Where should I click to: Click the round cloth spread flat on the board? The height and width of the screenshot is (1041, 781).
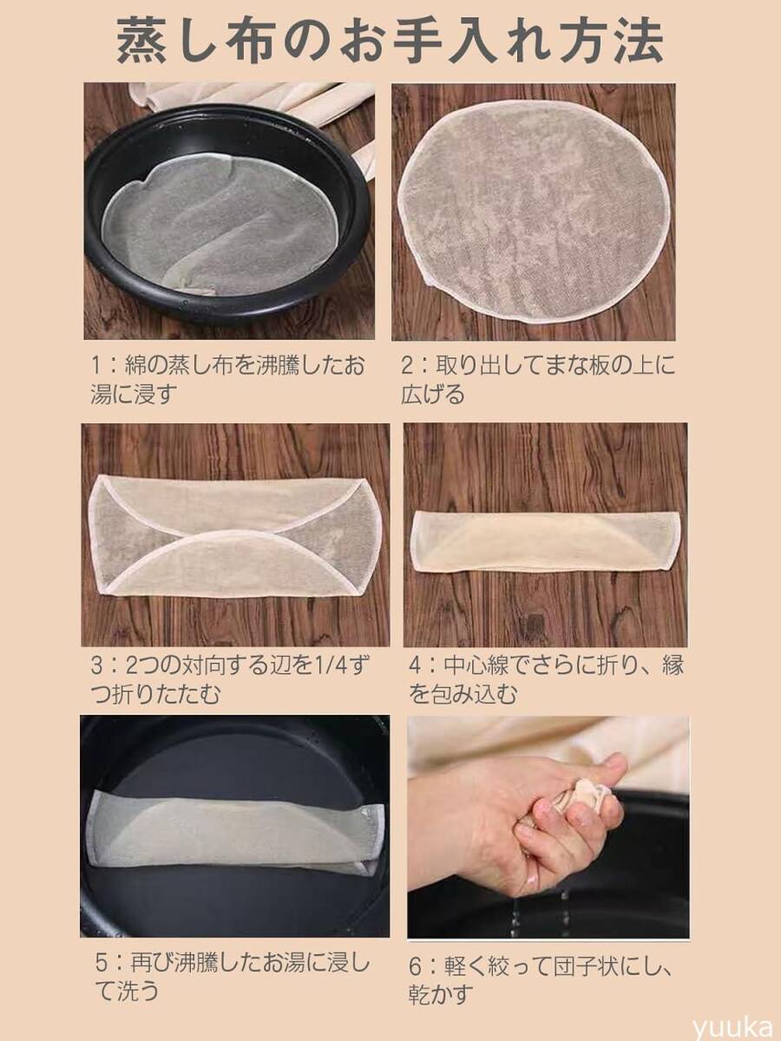pyautogui.click(x=531, y=210)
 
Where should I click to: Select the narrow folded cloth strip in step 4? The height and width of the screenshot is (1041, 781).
pyautogui.click(x=543, y=540)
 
